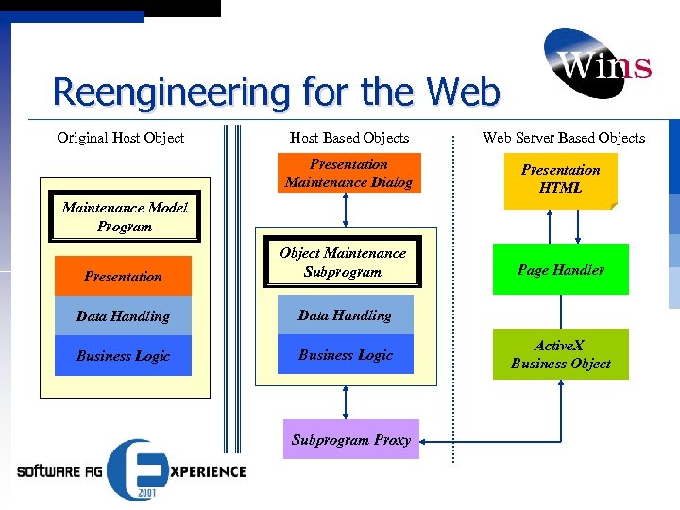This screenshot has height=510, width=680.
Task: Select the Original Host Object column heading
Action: click(x=121, y=138)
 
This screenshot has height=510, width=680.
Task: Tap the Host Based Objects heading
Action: click(x=348, y=138)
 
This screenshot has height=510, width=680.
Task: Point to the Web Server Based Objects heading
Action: click(x=564, y=138)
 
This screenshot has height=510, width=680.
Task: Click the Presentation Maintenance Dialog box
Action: click(x=348, y=174)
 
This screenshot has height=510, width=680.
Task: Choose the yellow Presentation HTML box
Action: click(x=560, y=179)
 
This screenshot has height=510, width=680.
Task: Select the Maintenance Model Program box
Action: click(x=124, y=217)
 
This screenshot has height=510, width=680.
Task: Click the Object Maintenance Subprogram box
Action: click(x=343, y=263)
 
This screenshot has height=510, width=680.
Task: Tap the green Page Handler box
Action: click(x=560, y=270)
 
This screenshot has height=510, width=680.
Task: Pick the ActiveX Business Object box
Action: click(x=560, y=354)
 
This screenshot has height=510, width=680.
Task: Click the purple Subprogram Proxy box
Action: click(x=351, y=440)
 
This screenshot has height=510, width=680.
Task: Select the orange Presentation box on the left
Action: click(x=123, y=277)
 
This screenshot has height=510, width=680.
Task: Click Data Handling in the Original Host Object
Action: click(x=123, y=316)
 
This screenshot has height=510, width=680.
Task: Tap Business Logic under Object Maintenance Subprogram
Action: click(x=346, y=355)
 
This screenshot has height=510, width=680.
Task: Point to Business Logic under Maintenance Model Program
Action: click(x=123, y=356)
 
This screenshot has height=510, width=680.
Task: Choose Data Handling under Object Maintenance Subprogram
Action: click(x=345, y=315)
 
